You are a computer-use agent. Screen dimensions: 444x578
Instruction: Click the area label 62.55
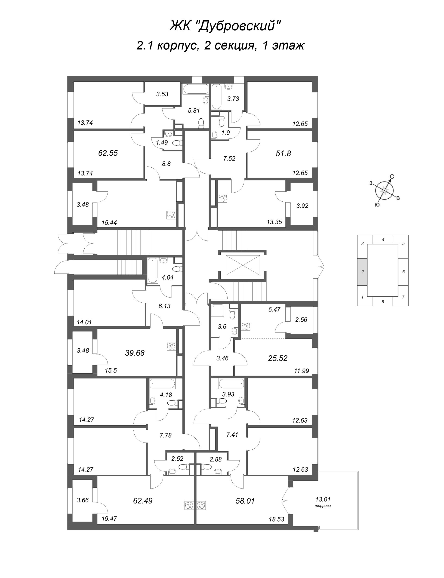coord(108,153)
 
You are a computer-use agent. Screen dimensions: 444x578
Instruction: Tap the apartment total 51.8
coord(283,153)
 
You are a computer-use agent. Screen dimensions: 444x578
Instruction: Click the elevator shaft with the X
coord(243,265)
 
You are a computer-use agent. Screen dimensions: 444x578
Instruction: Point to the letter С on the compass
coord(392,177)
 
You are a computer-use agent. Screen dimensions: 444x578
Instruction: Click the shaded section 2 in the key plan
coord(362,272)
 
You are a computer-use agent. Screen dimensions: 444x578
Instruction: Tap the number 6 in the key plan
coord(403,272)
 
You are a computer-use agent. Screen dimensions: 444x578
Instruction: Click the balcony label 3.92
coord(302,206)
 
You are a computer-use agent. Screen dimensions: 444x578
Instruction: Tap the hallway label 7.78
coord(166,435)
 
